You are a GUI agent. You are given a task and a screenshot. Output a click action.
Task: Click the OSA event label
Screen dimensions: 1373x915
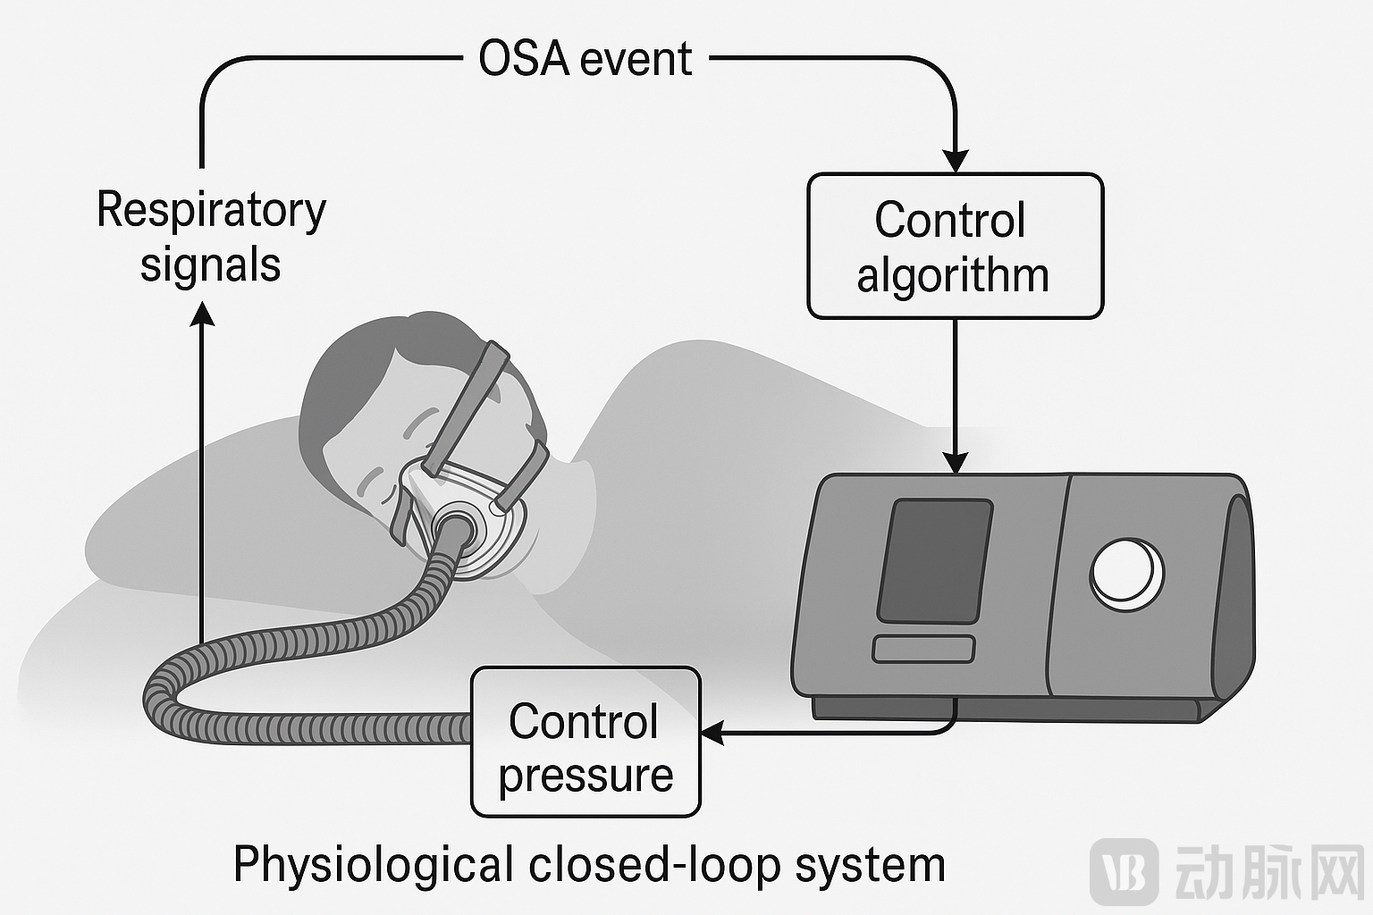(585, 60)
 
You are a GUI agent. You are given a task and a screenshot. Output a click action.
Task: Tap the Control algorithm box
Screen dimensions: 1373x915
(955, 247)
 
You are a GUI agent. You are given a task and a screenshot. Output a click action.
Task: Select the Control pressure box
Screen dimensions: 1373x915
(585, 742)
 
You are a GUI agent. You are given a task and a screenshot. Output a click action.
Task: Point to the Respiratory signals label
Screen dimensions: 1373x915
(212, 237)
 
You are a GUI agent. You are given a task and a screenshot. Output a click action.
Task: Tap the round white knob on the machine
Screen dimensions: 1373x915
(1126, 575)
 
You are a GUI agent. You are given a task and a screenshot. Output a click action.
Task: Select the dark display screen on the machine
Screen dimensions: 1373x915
(935, 561)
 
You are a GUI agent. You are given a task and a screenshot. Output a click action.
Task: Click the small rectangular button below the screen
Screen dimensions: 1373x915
(923, 650)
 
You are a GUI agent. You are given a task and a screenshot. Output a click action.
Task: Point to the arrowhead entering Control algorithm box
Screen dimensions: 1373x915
(955, 161)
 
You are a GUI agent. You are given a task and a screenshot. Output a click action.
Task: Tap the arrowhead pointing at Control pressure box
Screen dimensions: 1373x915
(712, 733)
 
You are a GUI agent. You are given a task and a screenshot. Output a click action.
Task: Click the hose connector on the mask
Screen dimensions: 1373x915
(454, 526)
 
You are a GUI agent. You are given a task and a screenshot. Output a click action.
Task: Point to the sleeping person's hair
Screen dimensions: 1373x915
(367, 380)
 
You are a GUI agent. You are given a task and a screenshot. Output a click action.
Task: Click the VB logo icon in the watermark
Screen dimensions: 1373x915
(1125, 872)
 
